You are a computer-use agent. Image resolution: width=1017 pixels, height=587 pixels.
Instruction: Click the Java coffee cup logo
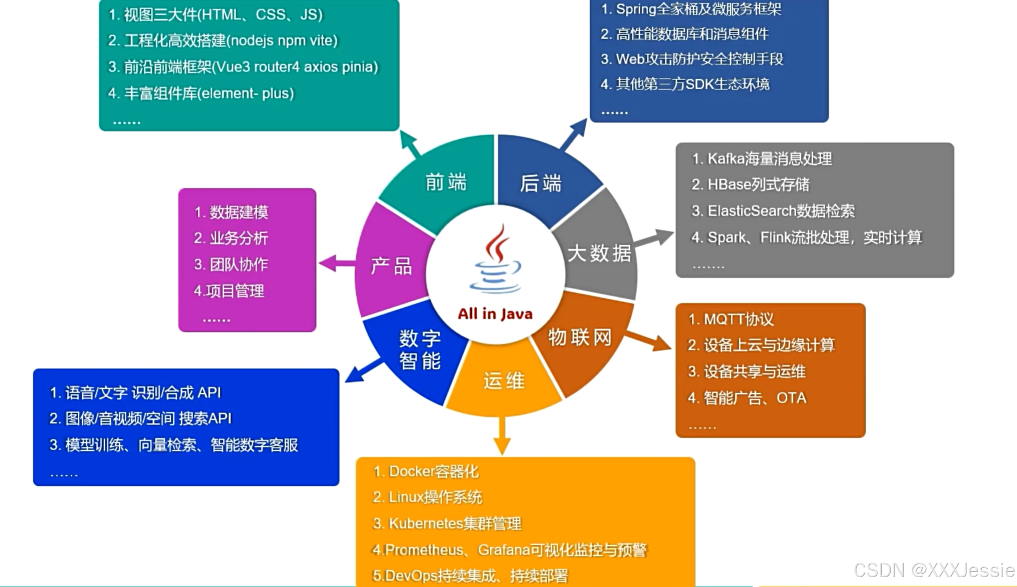pyautogui.click(x=495, y=260)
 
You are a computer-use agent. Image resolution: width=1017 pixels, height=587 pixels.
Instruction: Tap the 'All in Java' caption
pyautogui.click(x=495, y=314)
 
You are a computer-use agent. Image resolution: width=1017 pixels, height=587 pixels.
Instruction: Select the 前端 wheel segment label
pyautogui.click(x=446, y=182)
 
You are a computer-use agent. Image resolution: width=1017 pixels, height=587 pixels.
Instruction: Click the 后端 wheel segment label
pyautogui.click(x=540, y=184)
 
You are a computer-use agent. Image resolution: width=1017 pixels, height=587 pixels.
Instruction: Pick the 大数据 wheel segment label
pyautogui.click(x=599, y=254)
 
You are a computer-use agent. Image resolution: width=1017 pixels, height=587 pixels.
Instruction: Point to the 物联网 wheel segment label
pyautogui.click(x=579, y=338)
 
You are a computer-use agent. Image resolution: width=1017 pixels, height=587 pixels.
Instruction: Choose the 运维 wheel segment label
pyautogui.click(x=504, y=381)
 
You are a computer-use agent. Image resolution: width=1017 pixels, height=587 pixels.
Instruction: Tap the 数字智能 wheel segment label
pyautogui.click(x=420, y=350)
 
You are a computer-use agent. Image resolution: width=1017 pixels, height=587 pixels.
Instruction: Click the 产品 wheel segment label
pyautogui.click(x=391, y=267)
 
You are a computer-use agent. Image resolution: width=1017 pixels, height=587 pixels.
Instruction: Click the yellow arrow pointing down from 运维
pyautogui.click(x=502, y=436)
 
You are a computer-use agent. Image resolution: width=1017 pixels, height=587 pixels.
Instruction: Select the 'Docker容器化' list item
pyautogui.click(x=426, y=472)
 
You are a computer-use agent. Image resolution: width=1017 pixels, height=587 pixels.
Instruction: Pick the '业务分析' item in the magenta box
pyautogui.click(x=231, y=238)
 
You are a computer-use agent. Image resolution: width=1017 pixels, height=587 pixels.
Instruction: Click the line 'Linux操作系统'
pyautogui.click(x=427, y=497)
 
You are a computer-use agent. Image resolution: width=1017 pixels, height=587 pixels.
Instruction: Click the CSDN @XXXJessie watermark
pyautogui.click(x=934, y=570)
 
